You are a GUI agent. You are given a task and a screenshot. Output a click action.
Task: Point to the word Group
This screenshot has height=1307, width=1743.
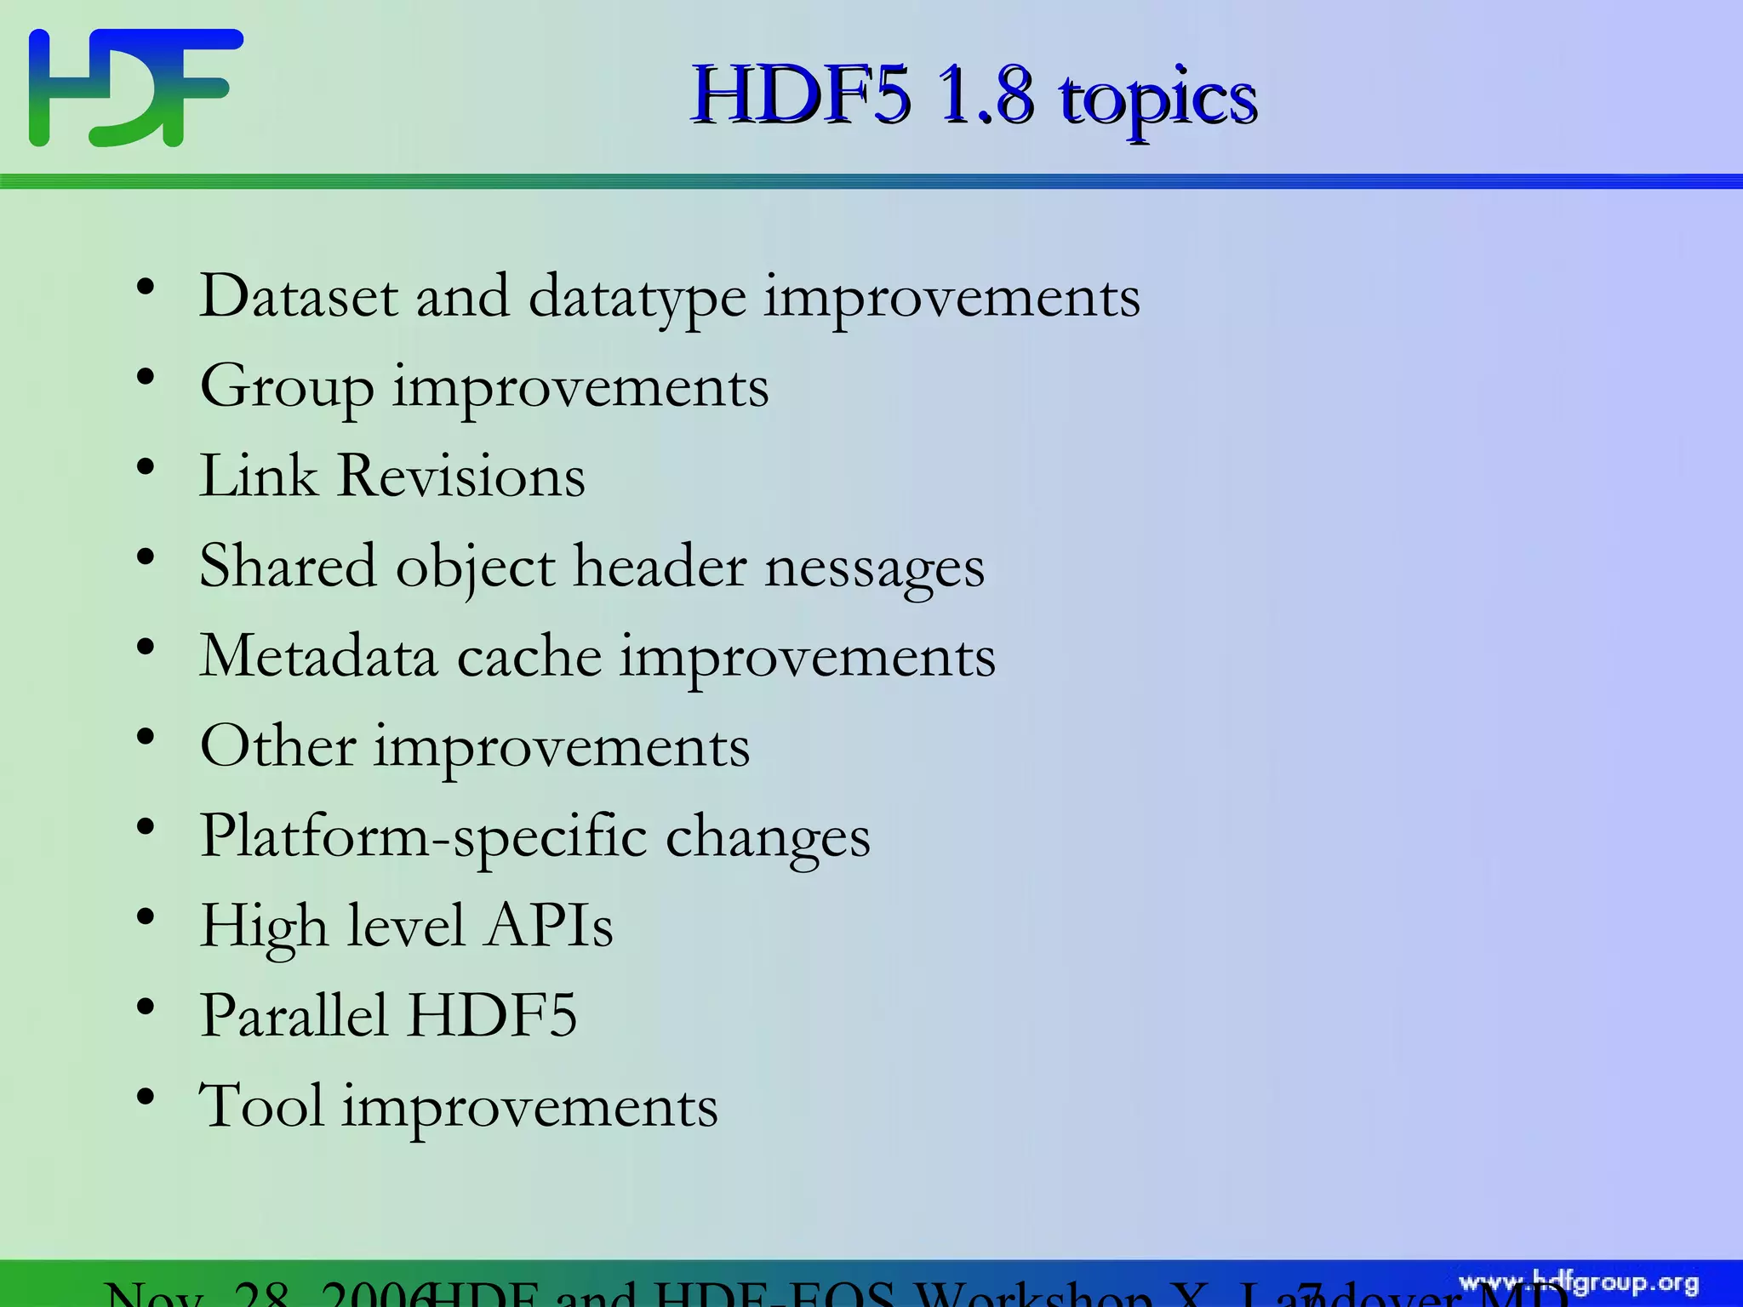click(287, 388)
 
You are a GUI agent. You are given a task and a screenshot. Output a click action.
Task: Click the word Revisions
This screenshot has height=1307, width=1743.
click(461, 476)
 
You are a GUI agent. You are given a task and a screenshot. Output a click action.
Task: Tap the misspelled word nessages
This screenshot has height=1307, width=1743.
click(874, 568)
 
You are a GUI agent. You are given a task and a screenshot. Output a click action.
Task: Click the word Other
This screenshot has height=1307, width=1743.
click(277, 746)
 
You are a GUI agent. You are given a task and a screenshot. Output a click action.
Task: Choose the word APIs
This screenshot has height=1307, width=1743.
click(549, 926)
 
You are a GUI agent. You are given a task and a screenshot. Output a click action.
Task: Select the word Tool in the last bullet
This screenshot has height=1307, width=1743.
click(260, 1105)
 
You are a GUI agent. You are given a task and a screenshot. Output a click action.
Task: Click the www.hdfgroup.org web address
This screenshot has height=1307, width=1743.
click(1578, 1283)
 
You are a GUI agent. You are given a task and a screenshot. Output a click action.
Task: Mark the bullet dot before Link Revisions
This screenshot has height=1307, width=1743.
click(146, 467)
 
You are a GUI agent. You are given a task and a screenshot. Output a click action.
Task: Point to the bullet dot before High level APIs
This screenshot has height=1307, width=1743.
click(146, 917)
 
